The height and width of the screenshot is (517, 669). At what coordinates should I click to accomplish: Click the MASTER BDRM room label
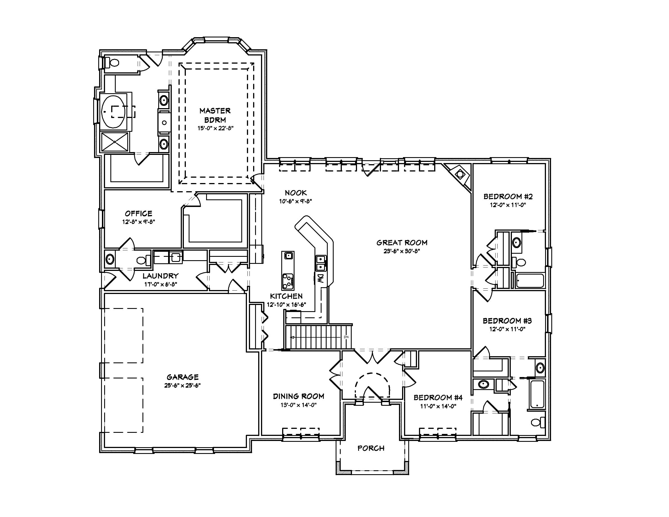click(x=215, y=115)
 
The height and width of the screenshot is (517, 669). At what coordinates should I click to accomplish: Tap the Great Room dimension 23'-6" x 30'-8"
click(x=402, y=251)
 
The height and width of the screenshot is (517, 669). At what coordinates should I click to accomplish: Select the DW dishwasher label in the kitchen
click(x=320, y=278)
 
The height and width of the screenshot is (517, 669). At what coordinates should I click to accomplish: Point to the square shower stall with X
click(x=115, y=142)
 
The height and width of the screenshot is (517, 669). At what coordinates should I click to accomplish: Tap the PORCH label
click(x=371, y=448)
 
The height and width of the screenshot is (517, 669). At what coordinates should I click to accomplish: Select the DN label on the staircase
click(x=346, y=337)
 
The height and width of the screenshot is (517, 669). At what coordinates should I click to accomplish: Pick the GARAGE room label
click(x=182, y=377)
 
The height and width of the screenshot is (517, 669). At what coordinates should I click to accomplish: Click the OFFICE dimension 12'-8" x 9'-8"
click(x=139, y=222)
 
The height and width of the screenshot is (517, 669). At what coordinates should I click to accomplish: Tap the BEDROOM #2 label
click(x=508, y=196)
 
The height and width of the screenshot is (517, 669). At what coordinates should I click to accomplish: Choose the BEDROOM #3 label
click(x=507, y=321)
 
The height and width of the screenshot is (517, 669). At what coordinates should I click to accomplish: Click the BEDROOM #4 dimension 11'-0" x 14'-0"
click(x=438, y=406)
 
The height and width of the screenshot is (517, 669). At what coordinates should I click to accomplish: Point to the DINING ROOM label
click(x=298, y=396)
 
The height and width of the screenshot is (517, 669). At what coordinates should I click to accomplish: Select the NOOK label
click(x=296, y=193)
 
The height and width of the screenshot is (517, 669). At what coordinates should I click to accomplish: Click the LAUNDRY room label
click(x=160, y=276)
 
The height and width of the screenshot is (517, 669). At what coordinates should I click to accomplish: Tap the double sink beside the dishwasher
click(x=320, y=263)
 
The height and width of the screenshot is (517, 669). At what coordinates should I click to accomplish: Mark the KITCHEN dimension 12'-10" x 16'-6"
click(x=286, y=305)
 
